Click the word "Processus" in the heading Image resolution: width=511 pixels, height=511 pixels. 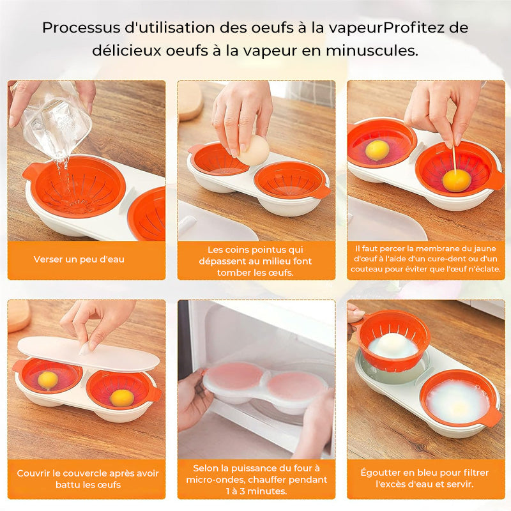pos(81,28)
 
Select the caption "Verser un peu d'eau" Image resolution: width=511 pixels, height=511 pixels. pos(79,259)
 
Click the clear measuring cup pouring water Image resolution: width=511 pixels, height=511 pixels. pos(56,118)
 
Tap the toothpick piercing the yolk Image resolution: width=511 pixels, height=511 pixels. pos(454,160)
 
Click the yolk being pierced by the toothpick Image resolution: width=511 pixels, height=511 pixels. pos(457,181)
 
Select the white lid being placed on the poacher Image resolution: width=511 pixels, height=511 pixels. pos(88,354)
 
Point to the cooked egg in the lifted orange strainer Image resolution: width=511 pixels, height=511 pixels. pos(393,346)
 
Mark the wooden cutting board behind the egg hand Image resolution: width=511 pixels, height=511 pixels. pos(190,100)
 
